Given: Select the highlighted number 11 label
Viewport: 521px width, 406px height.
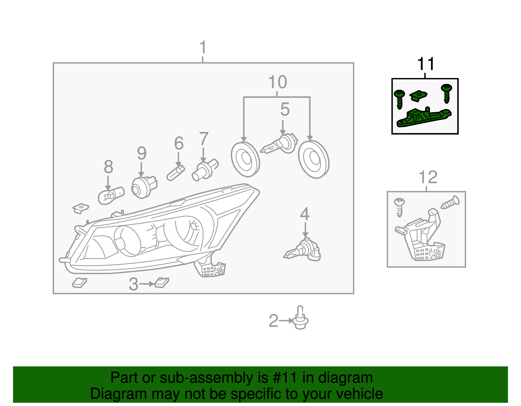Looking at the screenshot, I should [x=425, y=64].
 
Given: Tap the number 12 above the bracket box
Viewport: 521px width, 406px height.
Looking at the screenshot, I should [x=428, y=177].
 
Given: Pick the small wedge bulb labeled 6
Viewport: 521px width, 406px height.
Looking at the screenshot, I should [x=176, y=173].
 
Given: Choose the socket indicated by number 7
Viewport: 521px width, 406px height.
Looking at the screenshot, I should [x=204, y=169].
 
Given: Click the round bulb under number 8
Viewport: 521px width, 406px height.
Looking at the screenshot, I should [x=111, y=195].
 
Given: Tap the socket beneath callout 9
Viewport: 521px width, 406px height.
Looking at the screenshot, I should [x=144, y=187].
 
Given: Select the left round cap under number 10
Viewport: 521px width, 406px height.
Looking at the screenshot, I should [x=245, y=159].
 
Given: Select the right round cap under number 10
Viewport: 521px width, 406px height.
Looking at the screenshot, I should [x=314, y=159].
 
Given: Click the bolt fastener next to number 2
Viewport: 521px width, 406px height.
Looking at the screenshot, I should [x=300, y=318].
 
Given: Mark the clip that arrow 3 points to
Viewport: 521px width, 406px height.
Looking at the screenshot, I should [x=162, y=282].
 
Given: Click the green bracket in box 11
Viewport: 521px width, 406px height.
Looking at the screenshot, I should [x=423, y=118].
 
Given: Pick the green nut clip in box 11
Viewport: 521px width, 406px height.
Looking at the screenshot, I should [x=418, y=96].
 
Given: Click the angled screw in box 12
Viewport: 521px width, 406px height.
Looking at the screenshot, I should [x=450, y=203].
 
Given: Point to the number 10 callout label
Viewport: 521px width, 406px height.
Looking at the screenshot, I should [x=277, y=82].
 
